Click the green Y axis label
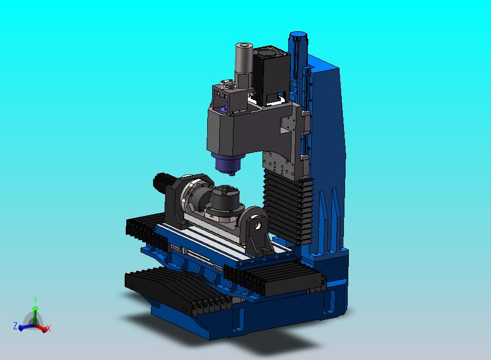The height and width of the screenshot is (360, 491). tap(36, 299)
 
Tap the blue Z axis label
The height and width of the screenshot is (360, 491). tap(15, 326)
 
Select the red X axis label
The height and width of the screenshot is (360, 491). tap(49, 328)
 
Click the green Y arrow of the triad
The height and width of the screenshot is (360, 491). tap(35, 316)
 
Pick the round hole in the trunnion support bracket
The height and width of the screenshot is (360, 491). tap(258, 225)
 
